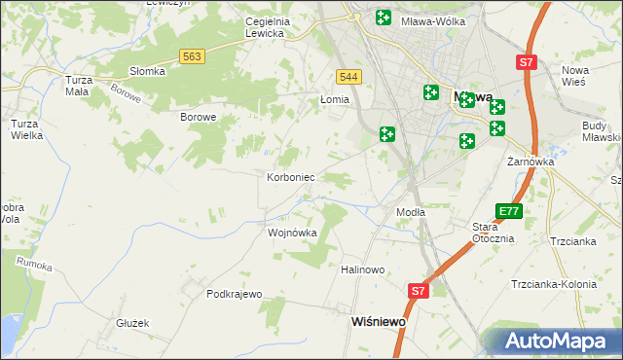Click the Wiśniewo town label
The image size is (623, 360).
[x=379, y=319]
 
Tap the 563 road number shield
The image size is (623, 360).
[x=192, y=57]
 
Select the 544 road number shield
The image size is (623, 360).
[x=348, y=77]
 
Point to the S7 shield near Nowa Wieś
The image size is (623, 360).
[x=526, y=62]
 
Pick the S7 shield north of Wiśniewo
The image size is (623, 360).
[x=418, y=290]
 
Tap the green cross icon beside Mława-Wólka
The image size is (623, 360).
[x=384, y=18]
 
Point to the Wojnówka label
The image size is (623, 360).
[x=292, y=234]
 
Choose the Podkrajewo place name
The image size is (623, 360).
[x=236, y=294]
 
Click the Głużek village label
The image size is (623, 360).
[x=131, y=323]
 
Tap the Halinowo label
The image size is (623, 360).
[x=363, y=270]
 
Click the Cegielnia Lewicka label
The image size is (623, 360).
[x=251, y=27]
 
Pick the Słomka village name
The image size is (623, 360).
[x=148, y=71]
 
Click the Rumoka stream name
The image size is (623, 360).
[x=35, y=263]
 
